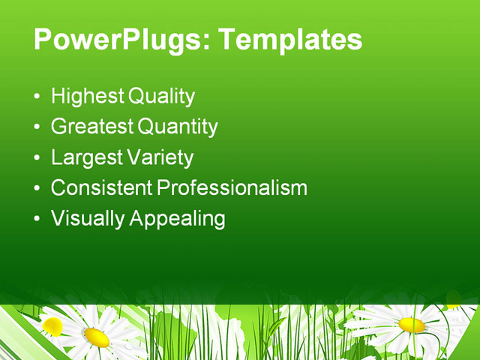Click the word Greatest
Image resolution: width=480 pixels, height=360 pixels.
tap(92, 127)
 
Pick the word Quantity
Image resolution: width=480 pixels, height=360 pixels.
tap(178, 127)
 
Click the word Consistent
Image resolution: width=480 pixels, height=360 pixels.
tap(101, 187)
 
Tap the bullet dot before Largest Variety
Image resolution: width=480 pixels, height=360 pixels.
tap(38, 159)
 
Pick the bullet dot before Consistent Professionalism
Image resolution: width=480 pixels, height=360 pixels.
tap(38, 189)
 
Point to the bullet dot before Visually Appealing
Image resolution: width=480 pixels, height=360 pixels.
tap(38, 220)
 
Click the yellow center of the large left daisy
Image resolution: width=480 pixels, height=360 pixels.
tap(96, 337)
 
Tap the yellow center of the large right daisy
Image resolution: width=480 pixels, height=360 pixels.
tap(412, 325)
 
